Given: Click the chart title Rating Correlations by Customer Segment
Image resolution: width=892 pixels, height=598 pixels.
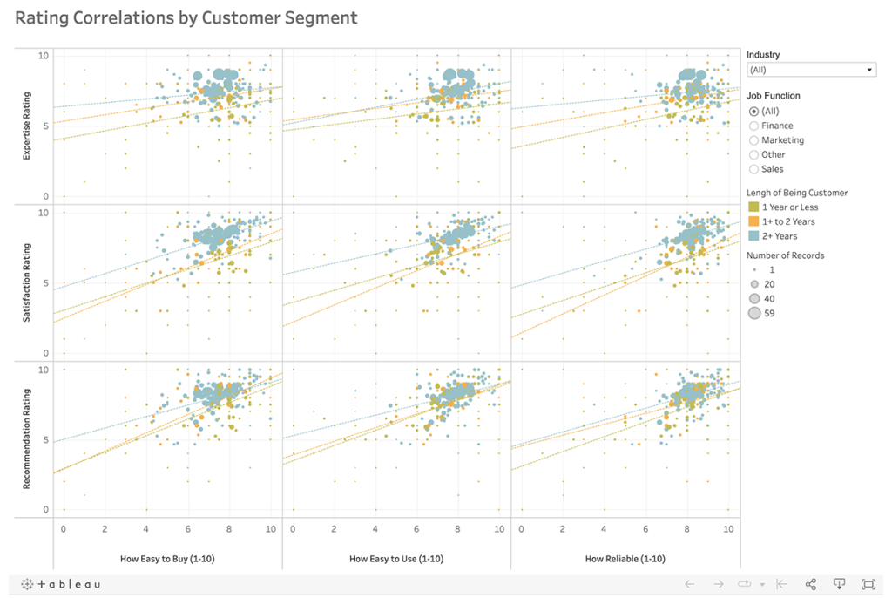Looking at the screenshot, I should [x=186, y=17].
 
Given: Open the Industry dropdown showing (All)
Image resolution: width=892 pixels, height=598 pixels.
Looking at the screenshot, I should [x=811, y=70].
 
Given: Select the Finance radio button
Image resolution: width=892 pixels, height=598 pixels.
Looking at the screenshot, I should [x=754, y=126].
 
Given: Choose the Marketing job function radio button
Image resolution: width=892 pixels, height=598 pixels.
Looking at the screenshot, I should [x=754, y=140].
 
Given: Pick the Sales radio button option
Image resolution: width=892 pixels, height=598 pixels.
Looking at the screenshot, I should [x=754, y=169].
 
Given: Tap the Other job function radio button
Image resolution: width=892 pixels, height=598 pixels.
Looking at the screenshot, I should [x=754, y=154].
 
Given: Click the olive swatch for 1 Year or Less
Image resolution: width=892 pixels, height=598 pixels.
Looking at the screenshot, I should [x=753, y=207].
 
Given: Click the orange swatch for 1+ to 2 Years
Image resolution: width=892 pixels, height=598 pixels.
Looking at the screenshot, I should [x=753, y=221].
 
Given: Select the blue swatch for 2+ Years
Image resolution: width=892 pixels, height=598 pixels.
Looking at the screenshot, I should [x=753, y=236].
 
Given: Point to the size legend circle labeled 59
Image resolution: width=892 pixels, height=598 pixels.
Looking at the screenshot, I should [x=754, y=314].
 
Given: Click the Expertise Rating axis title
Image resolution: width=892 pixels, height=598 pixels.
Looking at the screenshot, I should [x=28, y=127].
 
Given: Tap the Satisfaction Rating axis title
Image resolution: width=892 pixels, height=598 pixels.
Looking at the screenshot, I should [x=28, y=282].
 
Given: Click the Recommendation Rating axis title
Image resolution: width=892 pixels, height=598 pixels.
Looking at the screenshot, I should [x=28, y=438].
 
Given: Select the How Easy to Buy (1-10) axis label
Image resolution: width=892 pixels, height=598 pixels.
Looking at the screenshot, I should [x=168, y=559].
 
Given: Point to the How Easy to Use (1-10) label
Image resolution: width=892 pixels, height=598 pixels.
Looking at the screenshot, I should [x=396, y=559].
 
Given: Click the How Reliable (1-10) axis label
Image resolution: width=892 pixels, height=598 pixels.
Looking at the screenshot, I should [x=625, y=559].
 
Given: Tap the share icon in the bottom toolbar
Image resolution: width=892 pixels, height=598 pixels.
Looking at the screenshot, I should [x=810, y=584].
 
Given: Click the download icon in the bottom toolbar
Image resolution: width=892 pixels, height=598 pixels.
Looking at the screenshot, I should [x=840, y=584].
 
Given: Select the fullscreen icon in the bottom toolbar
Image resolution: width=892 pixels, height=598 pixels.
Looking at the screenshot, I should [x=868, y=584].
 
